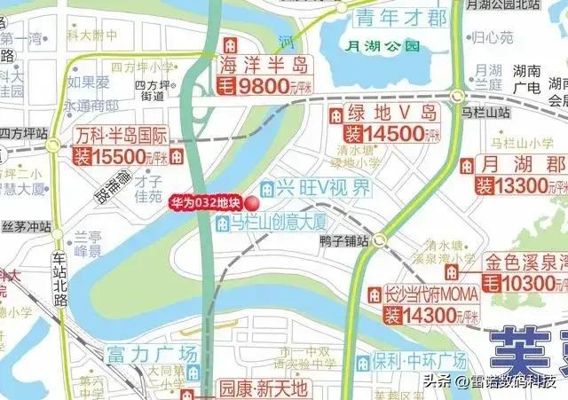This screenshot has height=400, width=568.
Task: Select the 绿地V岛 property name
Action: point(392,114)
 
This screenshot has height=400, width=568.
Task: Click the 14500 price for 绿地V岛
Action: point(389,135)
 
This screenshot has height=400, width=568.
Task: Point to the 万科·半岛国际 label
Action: point(122,137)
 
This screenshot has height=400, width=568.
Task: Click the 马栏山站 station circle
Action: point(457,96)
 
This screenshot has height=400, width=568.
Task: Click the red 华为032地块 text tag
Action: point(205,202)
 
